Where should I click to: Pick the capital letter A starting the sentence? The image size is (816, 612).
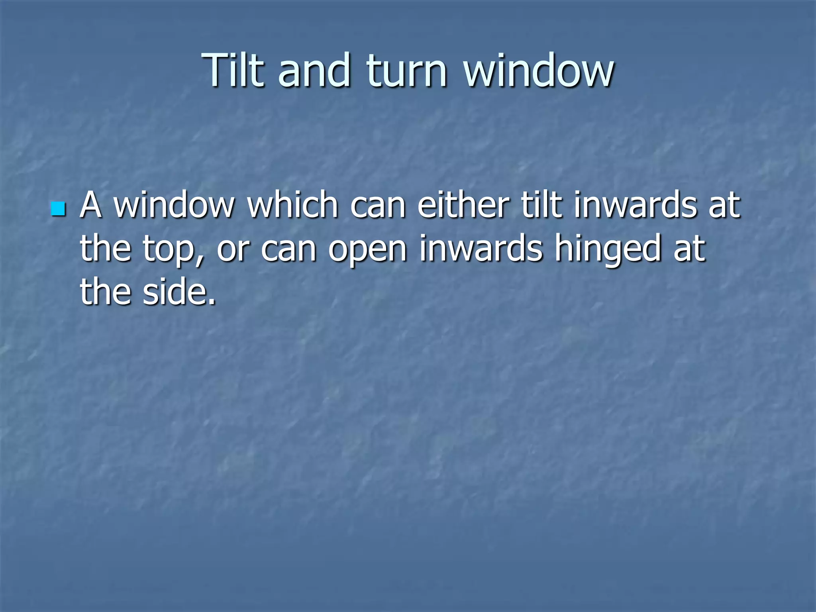[90, 205]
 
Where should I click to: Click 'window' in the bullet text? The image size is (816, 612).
[174, 205]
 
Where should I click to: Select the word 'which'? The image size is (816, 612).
[293, 205]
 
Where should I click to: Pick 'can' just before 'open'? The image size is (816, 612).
[288, 249]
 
